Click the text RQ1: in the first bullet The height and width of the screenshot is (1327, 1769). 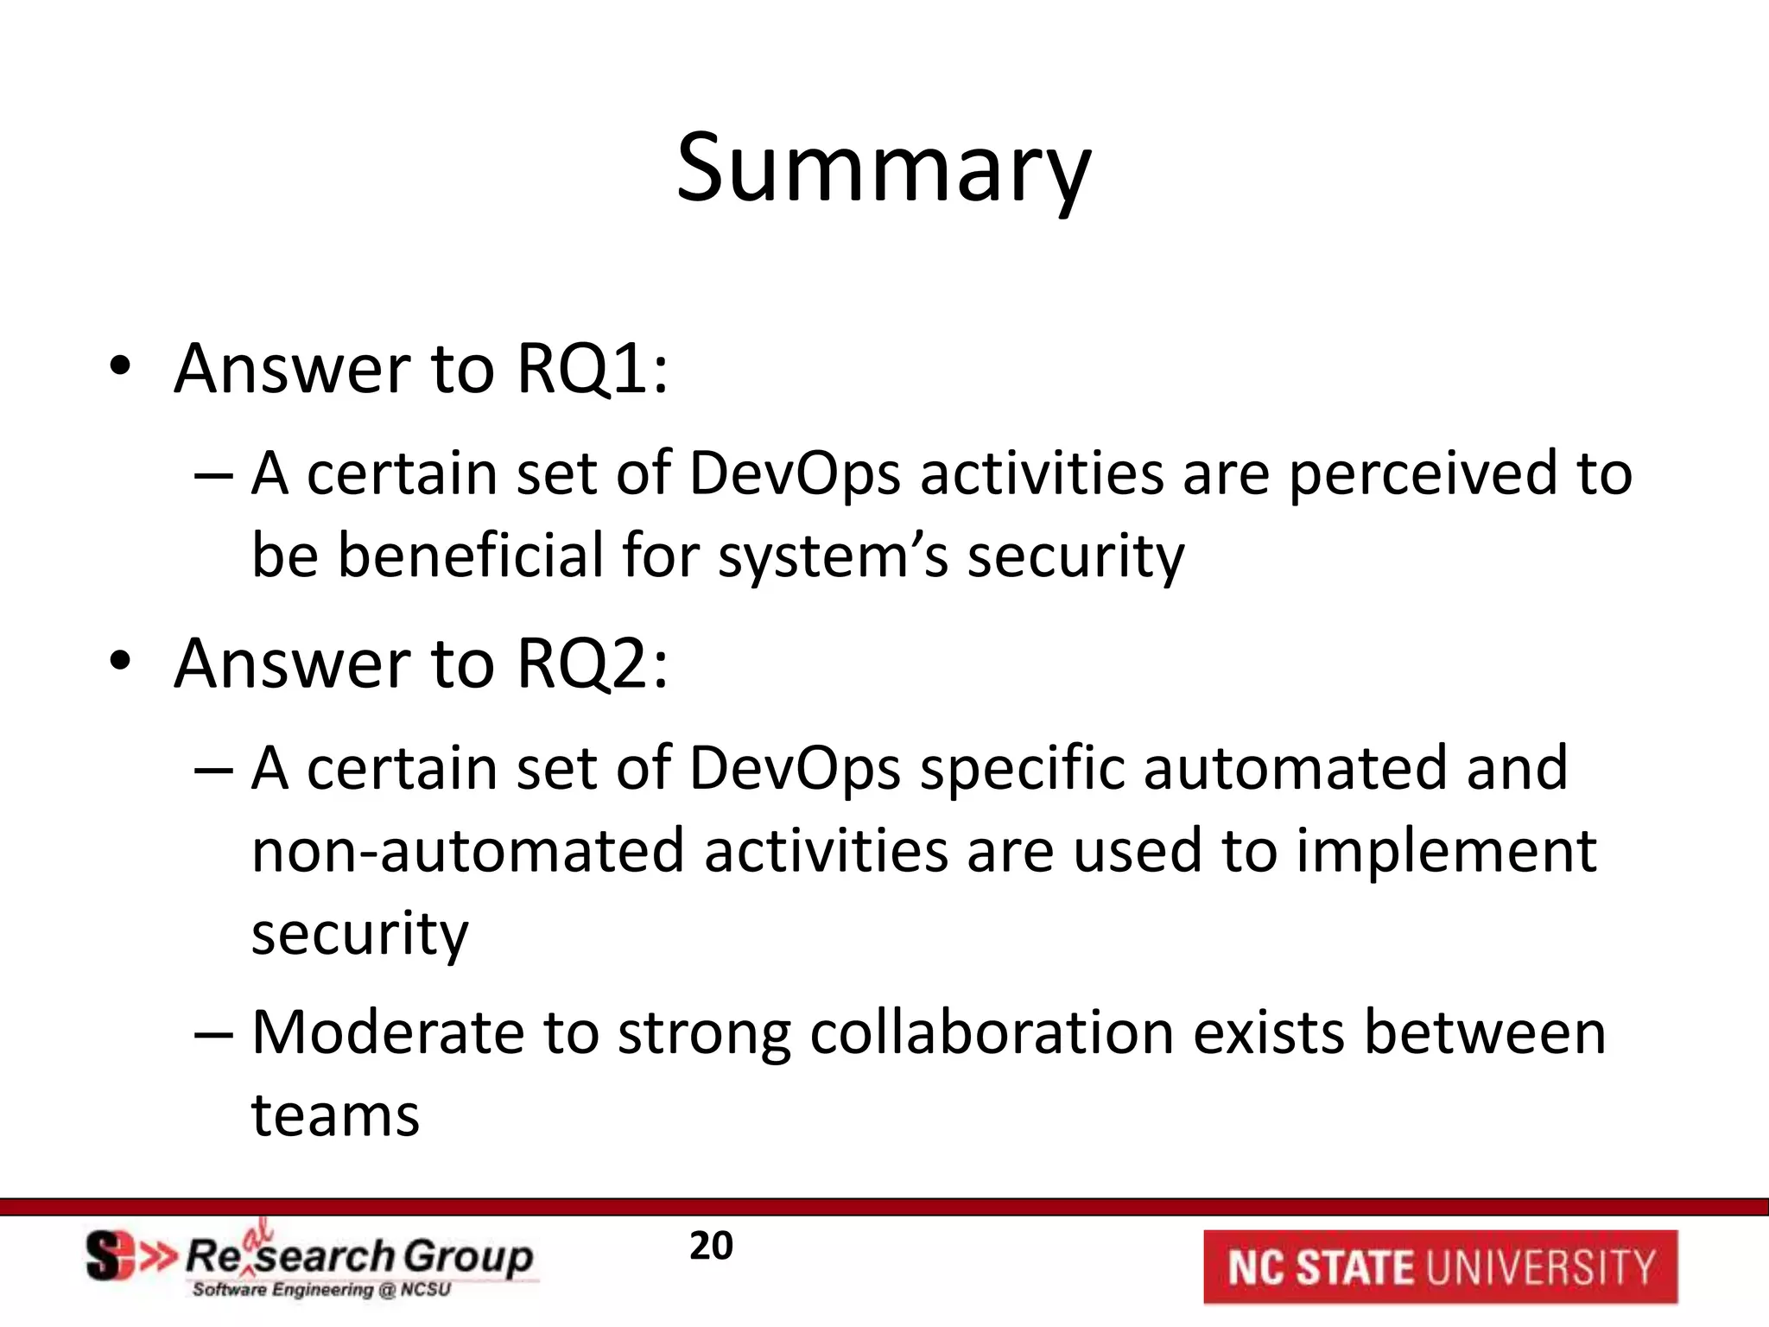click(593, 370)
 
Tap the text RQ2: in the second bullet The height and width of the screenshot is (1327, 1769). click(593, 664)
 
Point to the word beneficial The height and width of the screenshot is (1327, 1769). click(470, 556)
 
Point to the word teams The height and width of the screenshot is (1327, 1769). click(335, 1115)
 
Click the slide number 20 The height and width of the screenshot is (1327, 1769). click(711, 1247)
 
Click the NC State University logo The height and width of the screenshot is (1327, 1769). click(1440, 1267)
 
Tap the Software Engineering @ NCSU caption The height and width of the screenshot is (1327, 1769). click(321, 1291)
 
